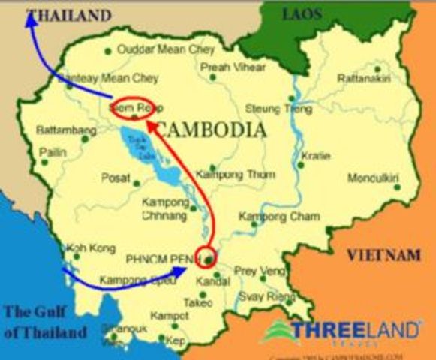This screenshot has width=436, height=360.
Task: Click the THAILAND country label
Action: point(68,14)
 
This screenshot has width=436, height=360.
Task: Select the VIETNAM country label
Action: point(383,256)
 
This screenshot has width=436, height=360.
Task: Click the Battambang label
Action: point(66,130)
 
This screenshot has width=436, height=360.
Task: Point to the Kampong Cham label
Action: point(278,217)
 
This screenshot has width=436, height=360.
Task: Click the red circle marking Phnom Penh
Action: point(205,256)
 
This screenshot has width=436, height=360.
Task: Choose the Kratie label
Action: point(310,157)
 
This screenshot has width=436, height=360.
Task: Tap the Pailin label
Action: point(53,152)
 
